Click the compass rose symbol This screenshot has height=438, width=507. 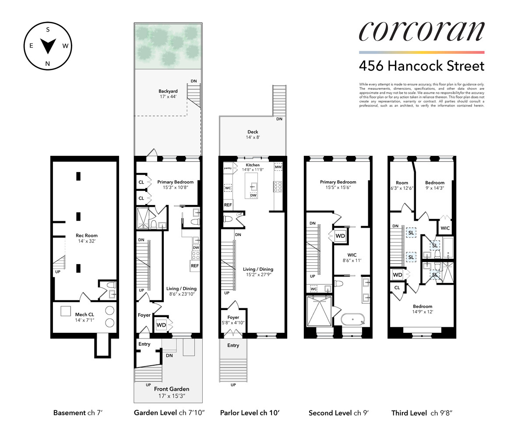[47, 45]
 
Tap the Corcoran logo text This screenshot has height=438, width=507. [421, 32]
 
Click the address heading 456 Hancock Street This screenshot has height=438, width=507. [421, 66]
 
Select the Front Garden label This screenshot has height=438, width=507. [171, 392]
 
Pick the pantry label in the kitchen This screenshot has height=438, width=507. [228, 168]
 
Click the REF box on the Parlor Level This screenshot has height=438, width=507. [228, 205]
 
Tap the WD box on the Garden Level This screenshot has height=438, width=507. [161, 325]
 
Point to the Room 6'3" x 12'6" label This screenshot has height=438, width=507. [402, 186]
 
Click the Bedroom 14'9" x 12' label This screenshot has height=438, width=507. [422, 309]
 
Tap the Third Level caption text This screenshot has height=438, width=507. [420, 413]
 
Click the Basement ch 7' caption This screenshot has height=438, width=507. [78, 413]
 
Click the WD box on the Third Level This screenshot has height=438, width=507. [398, 275]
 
